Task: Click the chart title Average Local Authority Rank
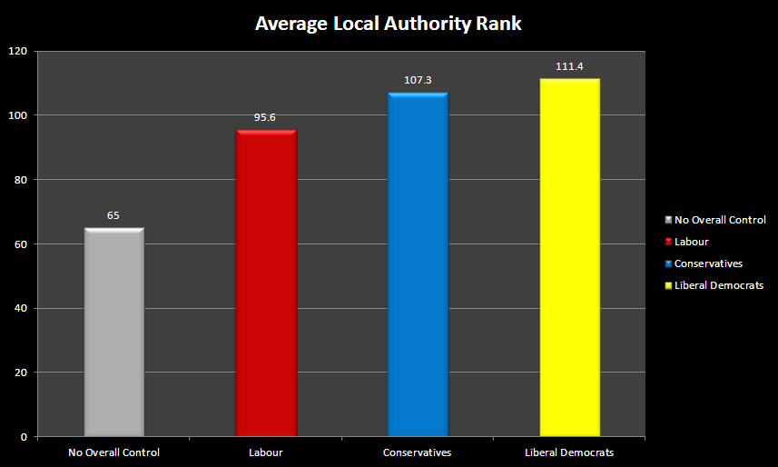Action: tap(388, 24)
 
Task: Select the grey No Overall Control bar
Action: tap(114, 333)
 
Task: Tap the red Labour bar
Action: tap(266, 283)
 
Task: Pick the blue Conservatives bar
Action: tap(418, 264)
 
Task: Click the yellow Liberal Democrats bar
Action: tap(569, 258)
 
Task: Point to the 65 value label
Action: tap(113, 215)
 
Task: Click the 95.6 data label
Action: tap(265, 118)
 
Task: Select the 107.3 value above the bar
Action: tap(418, 80)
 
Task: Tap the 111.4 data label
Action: tap(569, 66)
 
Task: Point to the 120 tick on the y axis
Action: tap(18, 51)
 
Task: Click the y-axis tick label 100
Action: tap(18, 115)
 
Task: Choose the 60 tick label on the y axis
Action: tap(21, 244)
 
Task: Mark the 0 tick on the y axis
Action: tap(24, 437)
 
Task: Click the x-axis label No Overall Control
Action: tap(114, 452)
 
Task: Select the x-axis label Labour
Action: tap(266, 452)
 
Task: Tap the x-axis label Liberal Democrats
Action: tap(569, 452)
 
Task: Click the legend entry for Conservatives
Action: tap(704, 263)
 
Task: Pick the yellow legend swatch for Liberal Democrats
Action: tap(668, 285)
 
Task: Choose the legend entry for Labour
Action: tap(686, 242)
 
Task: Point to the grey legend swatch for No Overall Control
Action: tap(668, 220)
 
